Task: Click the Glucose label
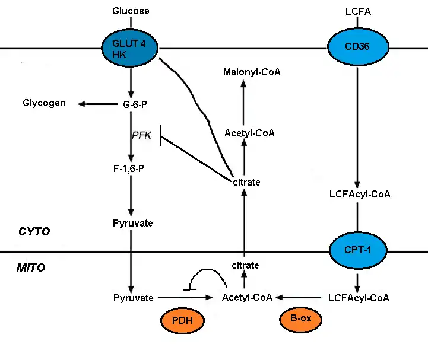[131, 11]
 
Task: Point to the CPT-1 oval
[356, 251]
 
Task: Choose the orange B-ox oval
[300, 319]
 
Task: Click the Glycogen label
[45, 103]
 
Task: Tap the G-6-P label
[132, 104]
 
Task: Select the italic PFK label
[141, 136]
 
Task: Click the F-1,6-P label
[131, 168]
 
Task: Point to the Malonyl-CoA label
[252, 72]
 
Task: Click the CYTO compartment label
[34, 231]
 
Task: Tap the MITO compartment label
[31, 267]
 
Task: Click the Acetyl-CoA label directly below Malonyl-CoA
[249, 133]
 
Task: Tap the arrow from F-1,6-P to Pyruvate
[131, 196]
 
